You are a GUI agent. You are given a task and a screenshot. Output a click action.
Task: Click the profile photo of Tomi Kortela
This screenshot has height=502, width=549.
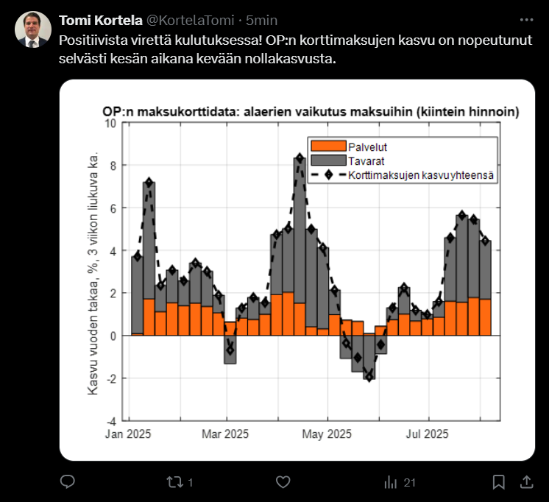31,29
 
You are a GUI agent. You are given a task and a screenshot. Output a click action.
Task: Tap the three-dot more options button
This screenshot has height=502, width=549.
526,20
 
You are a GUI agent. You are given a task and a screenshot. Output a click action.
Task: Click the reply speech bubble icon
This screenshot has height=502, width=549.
67,482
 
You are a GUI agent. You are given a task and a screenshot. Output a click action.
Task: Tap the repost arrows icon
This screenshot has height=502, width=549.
174,482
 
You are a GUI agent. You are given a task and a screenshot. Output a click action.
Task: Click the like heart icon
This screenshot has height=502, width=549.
283,482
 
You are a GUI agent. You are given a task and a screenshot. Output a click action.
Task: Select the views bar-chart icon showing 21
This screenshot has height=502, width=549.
391,482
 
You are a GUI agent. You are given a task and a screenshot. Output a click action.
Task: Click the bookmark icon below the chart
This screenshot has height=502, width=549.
498,482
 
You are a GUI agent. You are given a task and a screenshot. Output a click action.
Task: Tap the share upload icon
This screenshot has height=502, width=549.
526,482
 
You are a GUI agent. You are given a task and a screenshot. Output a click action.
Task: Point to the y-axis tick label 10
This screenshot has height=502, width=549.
111,123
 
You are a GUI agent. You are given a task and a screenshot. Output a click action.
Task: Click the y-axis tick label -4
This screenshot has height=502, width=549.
111,422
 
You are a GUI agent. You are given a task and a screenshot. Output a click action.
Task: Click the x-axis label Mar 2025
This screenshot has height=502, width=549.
225,434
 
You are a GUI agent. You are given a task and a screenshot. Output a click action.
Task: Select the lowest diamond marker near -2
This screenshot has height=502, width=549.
369,378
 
